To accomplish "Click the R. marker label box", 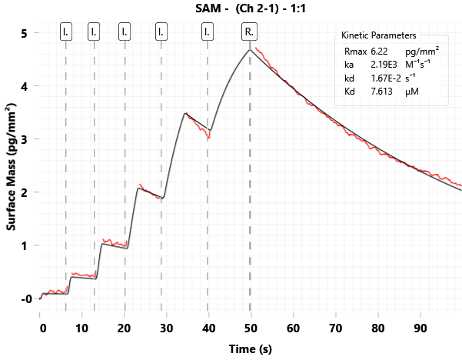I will [250, 32].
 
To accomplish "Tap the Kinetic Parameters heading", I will [379, 35].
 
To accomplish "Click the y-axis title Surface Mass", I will [12, 166].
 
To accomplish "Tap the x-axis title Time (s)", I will [251, 348].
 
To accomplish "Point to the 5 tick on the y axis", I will [25, 34].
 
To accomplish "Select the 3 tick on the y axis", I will [25, 140].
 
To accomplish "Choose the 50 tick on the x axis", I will [250, 327].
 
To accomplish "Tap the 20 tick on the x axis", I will [125, 327].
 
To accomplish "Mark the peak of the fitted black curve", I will [250, 50].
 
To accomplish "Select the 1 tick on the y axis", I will [25, 245].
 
